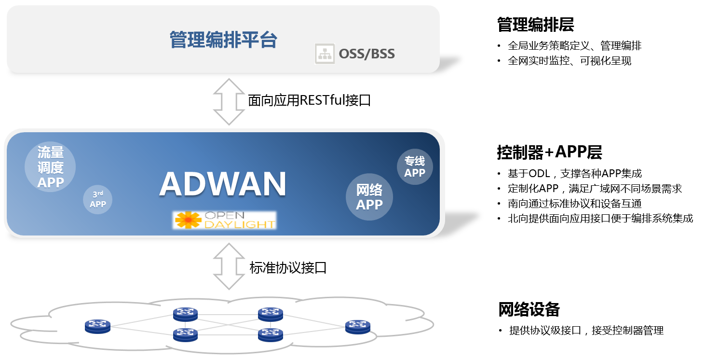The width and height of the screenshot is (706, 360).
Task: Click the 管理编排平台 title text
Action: pos(223,40)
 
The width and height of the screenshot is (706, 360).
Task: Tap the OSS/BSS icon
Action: pos(325,54)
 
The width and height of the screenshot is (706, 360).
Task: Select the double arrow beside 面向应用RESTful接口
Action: pos(230,102)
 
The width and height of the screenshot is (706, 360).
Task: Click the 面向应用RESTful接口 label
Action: pos(309,100)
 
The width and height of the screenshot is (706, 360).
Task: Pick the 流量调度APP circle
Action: pos(51,167)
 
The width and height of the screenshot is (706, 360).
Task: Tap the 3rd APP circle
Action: pos(98,199)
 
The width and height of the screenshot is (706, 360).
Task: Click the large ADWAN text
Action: pos(223,184)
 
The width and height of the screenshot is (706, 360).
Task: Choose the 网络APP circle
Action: pos(369,197)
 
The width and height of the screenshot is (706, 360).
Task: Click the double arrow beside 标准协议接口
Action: pos(230,266)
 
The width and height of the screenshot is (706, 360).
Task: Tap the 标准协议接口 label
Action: pos(288,267)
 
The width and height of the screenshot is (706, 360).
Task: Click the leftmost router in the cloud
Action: pos(97,326)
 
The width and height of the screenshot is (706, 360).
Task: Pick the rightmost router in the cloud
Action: pos(358,327)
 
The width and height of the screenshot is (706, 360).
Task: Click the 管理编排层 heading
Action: pos(535,25)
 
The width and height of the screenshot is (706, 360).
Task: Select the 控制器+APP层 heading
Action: pos(549,152)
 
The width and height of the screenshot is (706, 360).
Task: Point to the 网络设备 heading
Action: pos(529,309)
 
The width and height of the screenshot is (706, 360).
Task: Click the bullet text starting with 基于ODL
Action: pos(575,174)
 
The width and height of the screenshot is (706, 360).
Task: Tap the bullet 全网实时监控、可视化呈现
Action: pos(570,61)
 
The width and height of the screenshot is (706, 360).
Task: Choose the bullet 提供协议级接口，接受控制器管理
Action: pos(586,331)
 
